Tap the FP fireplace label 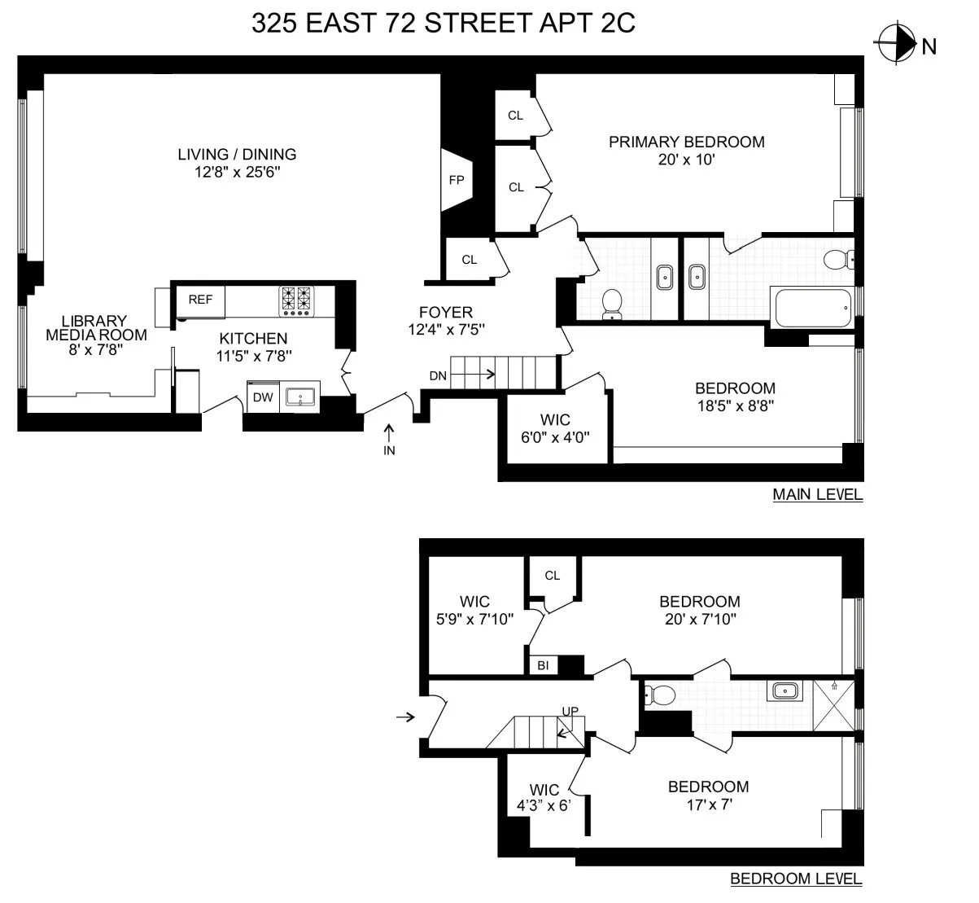(x=456, y=180)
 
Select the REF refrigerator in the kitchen (x=200, y=300)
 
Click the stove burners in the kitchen (x=296, y=300)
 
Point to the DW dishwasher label (x=262, y=397)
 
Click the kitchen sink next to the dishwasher (x=300, y=397)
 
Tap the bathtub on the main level (x=811, y=308)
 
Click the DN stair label (x=438, y=375)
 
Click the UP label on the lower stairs (x=570, y=712)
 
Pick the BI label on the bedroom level (x=543, y=666)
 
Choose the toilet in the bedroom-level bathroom (x=661, y=695)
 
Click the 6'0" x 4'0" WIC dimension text (x=555, y=436)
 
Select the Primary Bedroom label (x=686, y=142)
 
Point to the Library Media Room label (x=96, y=327)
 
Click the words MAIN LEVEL (x=817, y=494)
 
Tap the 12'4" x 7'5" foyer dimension (x=445, y=330)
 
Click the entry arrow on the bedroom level (x=404, y=717)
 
